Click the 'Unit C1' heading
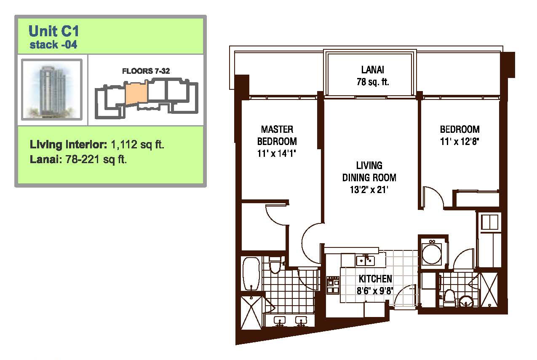click(x=54, y=31)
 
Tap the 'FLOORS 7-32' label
click(x=146, y=71)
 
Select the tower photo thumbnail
click(x=52, y=89)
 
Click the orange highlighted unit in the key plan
click(x=136, y=92)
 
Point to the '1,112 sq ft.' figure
click(x=138, y=145)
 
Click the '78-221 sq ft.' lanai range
click(x=96, y=159)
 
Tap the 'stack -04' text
click(x=53, y=45)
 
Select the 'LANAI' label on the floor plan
click(x=373, y=70)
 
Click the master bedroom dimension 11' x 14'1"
click(x=277, y=153)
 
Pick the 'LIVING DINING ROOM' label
click(x=369, y=172)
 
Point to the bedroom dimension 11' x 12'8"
click(x=460, y=141)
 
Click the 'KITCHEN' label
click(x=375, y=279)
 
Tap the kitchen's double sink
click(x=365, y=261)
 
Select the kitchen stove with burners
click(x=333, y=285)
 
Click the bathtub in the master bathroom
click(x=251, y=274)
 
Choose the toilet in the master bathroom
click(x=275, y=265)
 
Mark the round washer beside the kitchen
click(x=432, y=253)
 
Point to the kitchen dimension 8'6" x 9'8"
click(x=375, y=291)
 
